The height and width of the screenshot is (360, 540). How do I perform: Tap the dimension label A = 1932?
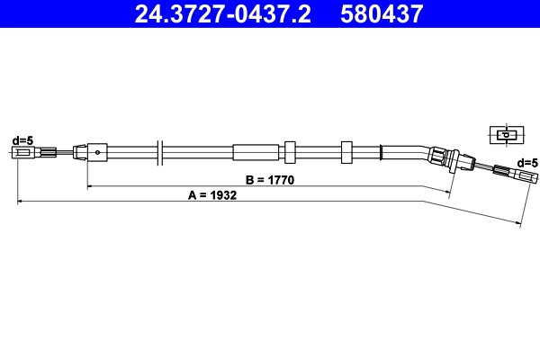(212, 194)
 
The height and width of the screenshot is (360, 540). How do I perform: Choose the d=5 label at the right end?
(527, 162)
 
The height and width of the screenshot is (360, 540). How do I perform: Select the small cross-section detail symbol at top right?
(504, 135)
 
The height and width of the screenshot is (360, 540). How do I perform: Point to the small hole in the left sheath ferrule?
(96, 152)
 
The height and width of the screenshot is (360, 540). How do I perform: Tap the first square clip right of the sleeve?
(290, 151)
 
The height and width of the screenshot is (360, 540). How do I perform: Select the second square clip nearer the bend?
(347, 151)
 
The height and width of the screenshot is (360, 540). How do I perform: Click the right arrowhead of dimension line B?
(447, 192)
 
